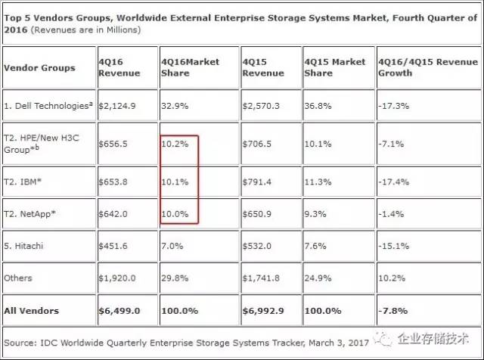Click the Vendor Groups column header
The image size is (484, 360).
coord(40,67)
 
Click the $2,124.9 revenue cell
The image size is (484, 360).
coord(117,107)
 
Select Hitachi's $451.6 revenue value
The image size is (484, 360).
coord(115,245)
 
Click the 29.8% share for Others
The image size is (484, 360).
coord(174,278)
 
